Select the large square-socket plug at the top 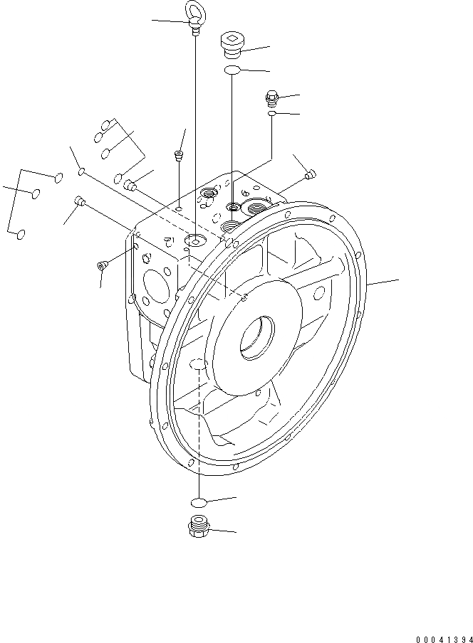231,44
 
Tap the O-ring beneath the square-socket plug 232,70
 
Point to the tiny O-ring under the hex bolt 272,112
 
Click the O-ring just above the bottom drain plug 199,502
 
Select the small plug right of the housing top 308,174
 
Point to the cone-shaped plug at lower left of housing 101,265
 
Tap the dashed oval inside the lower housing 198,365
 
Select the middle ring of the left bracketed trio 33,193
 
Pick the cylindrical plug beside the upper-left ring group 129,186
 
